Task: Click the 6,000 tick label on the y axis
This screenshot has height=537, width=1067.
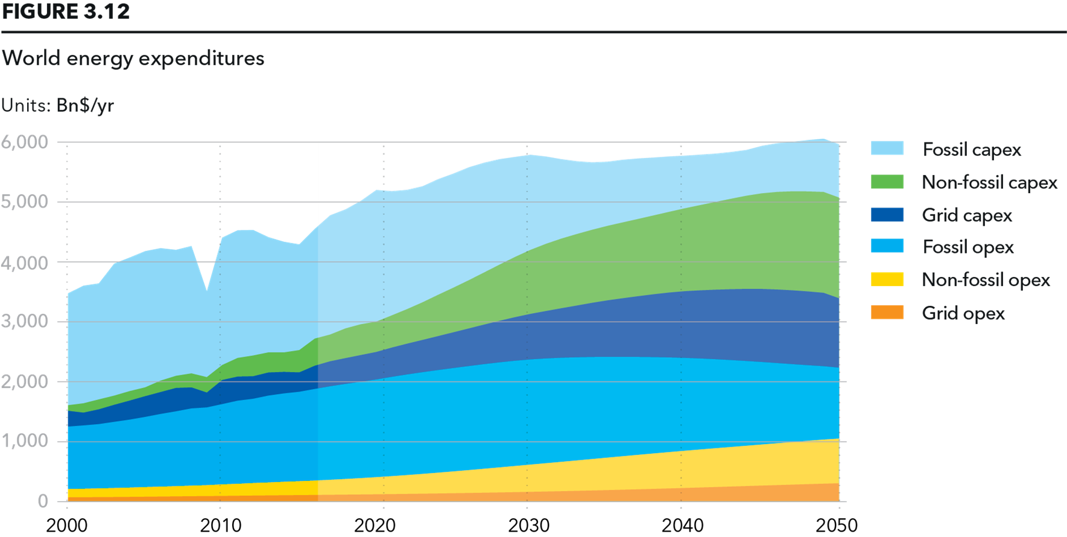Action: pos(24,142)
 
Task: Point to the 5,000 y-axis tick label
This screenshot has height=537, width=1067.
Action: pos(24,202)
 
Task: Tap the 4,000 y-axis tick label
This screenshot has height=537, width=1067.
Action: pos(24,263)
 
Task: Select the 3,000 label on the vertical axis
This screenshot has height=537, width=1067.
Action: pos(24,321)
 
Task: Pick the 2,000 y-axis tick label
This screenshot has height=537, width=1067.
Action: pos(24,381)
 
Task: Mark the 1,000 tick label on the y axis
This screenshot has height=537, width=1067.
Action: pos(24,441)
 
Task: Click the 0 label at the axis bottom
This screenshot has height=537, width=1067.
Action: pos(43,501)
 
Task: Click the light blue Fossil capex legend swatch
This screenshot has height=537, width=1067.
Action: pos(887,148)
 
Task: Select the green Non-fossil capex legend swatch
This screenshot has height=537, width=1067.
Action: pos(887,182)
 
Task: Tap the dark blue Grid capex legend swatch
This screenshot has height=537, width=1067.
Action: pos(887,215)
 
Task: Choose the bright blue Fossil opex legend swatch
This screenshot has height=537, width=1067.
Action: pos(887,246)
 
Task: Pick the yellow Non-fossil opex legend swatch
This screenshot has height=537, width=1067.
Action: pos(887,279)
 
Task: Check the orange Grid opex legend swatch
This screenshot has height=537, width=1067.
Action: pos(887,313)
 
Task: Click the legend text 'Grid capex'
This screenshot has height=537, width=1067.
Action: pos(967,215)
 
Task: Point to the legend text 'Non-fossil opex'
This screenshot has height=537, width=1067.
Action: pos(986,280)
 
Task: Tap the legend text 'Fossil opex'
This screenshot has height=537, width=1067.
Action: pos(968,247)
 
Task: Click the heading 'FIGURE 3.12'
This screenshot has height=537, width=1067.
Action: pos(66,11)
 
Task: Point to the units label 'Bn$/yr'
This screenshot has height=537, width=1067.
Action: pos(85,106)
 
